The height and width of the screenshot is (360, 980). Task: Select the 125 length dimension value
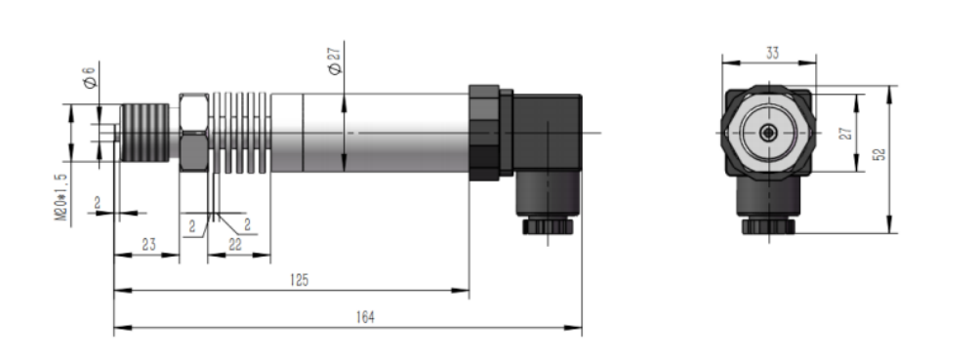click(x=299, y=280)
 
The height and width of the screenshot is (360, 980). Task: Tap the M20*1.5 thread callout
click(x=61, y=197)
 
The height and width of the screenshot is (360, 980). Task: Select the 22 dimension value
click(x=235, y=247)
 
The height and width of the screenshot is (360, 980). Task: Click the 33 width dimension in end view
click(x=771, y=54)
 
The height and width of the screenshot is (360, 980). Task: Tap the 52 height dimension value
click(x=879, y=156)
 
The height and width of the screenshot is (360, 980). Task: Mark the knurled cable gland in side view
click(x=545, y=226)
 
